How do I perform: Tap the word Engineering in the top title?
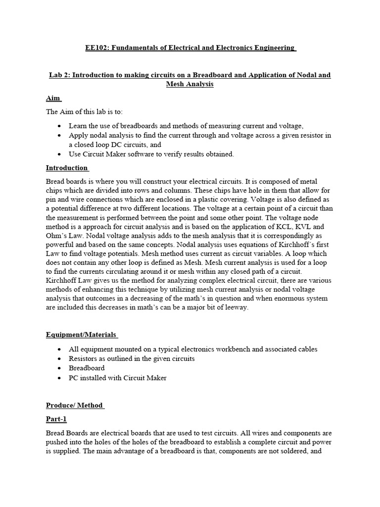(273, 48)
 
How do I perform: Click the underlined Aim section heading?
(52, 99)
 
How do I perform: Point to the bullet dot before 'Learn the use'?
(60, 126)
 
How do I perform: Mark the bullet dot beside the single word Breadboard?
(60, 368)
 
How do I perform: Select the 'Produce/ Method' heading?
(74, 405)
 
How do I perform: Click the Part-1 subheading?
(56, 419)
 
